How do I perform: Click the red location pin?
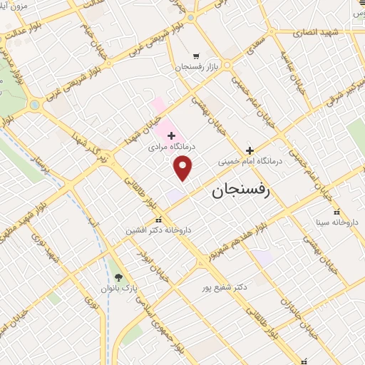(x=184, y=168)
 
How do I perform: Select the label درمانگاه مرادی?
(x=170, y=148)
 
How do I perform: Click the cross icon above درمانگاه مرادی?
(x=171, y=135)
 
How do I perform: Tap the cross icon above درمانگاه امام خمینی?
(x=250, y=150)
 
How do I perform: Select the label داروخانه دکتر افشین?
(x=159, y=230)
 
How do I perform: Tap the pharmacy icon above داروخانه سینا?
(x=337, y=212)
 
